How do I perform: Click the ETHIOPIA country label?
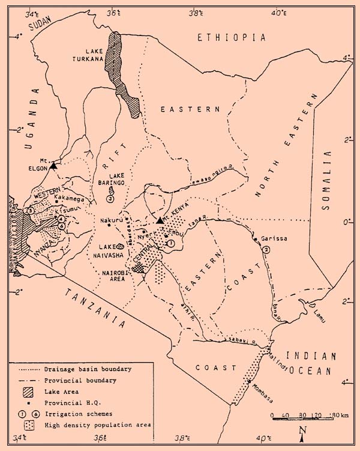click(231, 37)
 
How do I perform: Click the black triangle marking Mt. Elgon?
click(54, 166)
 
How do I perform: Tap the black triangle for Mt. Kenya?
click(160, 220)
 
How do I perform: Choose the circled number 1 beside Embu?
click(170, 243)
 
